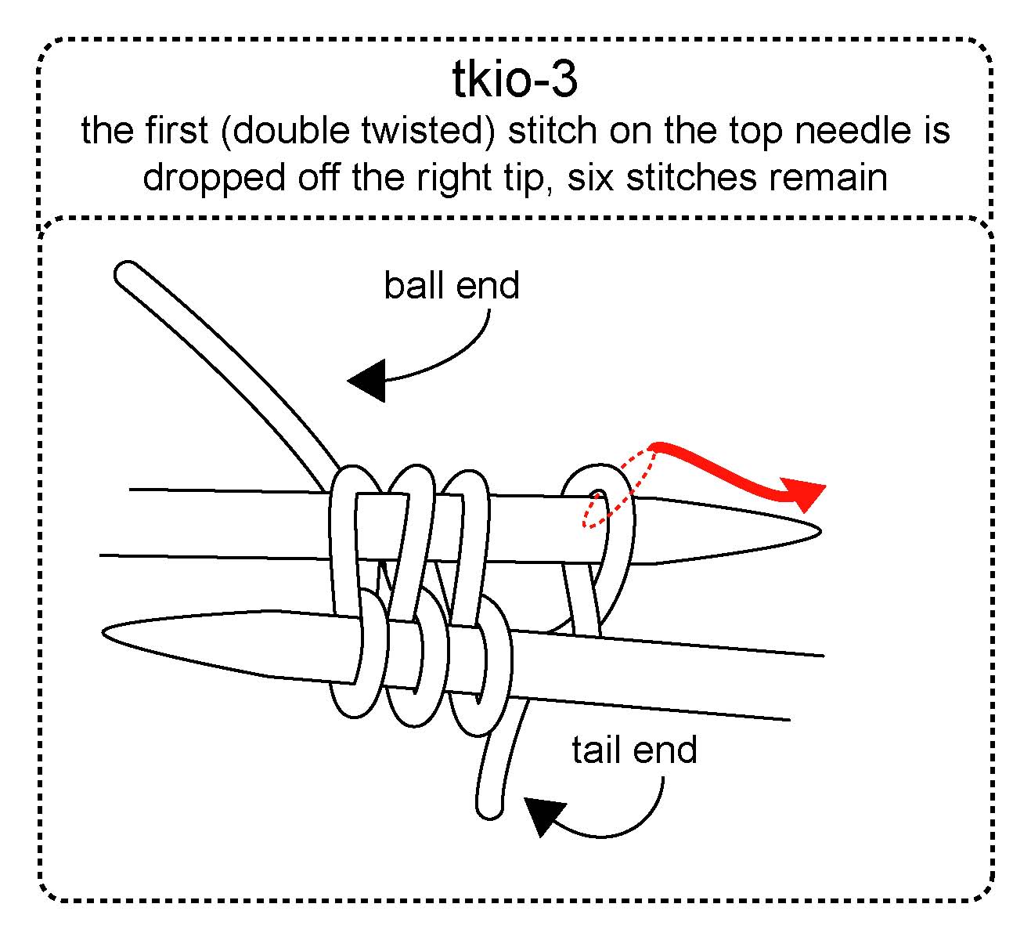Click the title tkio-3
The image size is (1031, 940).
[515, 80]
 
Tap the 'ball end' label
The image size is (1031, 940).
[451, 285]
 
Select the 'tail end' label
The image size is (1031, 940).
[633, 750]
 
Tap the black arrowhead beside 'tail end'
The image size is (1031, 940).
[543, 815]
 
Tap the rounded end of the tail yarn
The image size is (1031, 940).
[489, 807]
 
